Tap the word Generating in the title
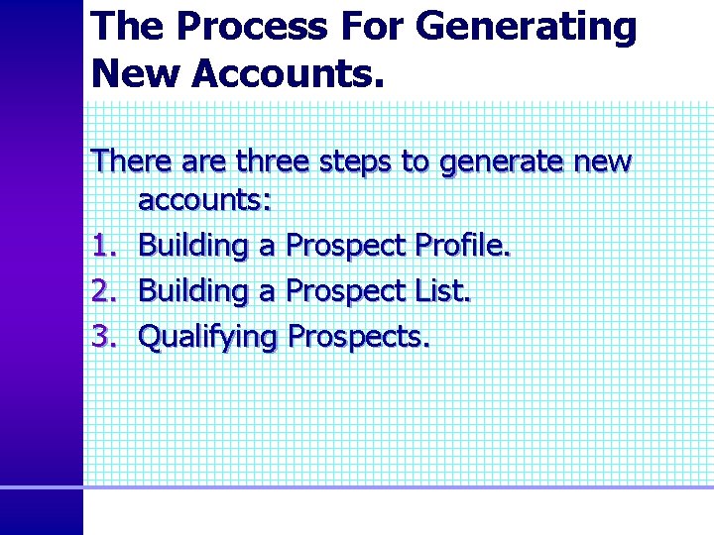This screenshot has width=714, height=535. (x=527, y=28)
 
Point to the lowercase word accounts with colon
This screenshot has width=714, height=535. (x=204, y=201)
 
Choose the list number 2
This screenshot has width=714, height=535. (x=103, y=291)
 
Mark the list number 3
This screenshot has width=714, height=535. (x=103, y=337)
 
